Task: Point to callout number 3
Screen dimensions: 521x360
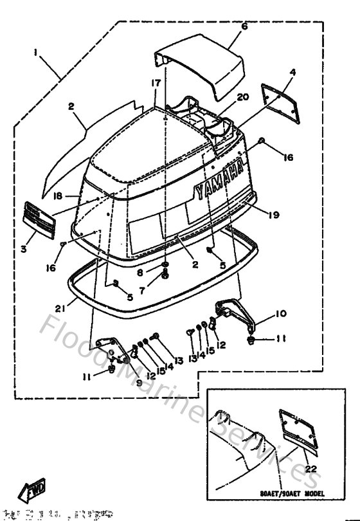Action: click(x=23, y=247)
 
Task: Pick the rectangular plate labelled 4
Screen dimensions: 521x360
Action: click(x=282, y=102)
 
